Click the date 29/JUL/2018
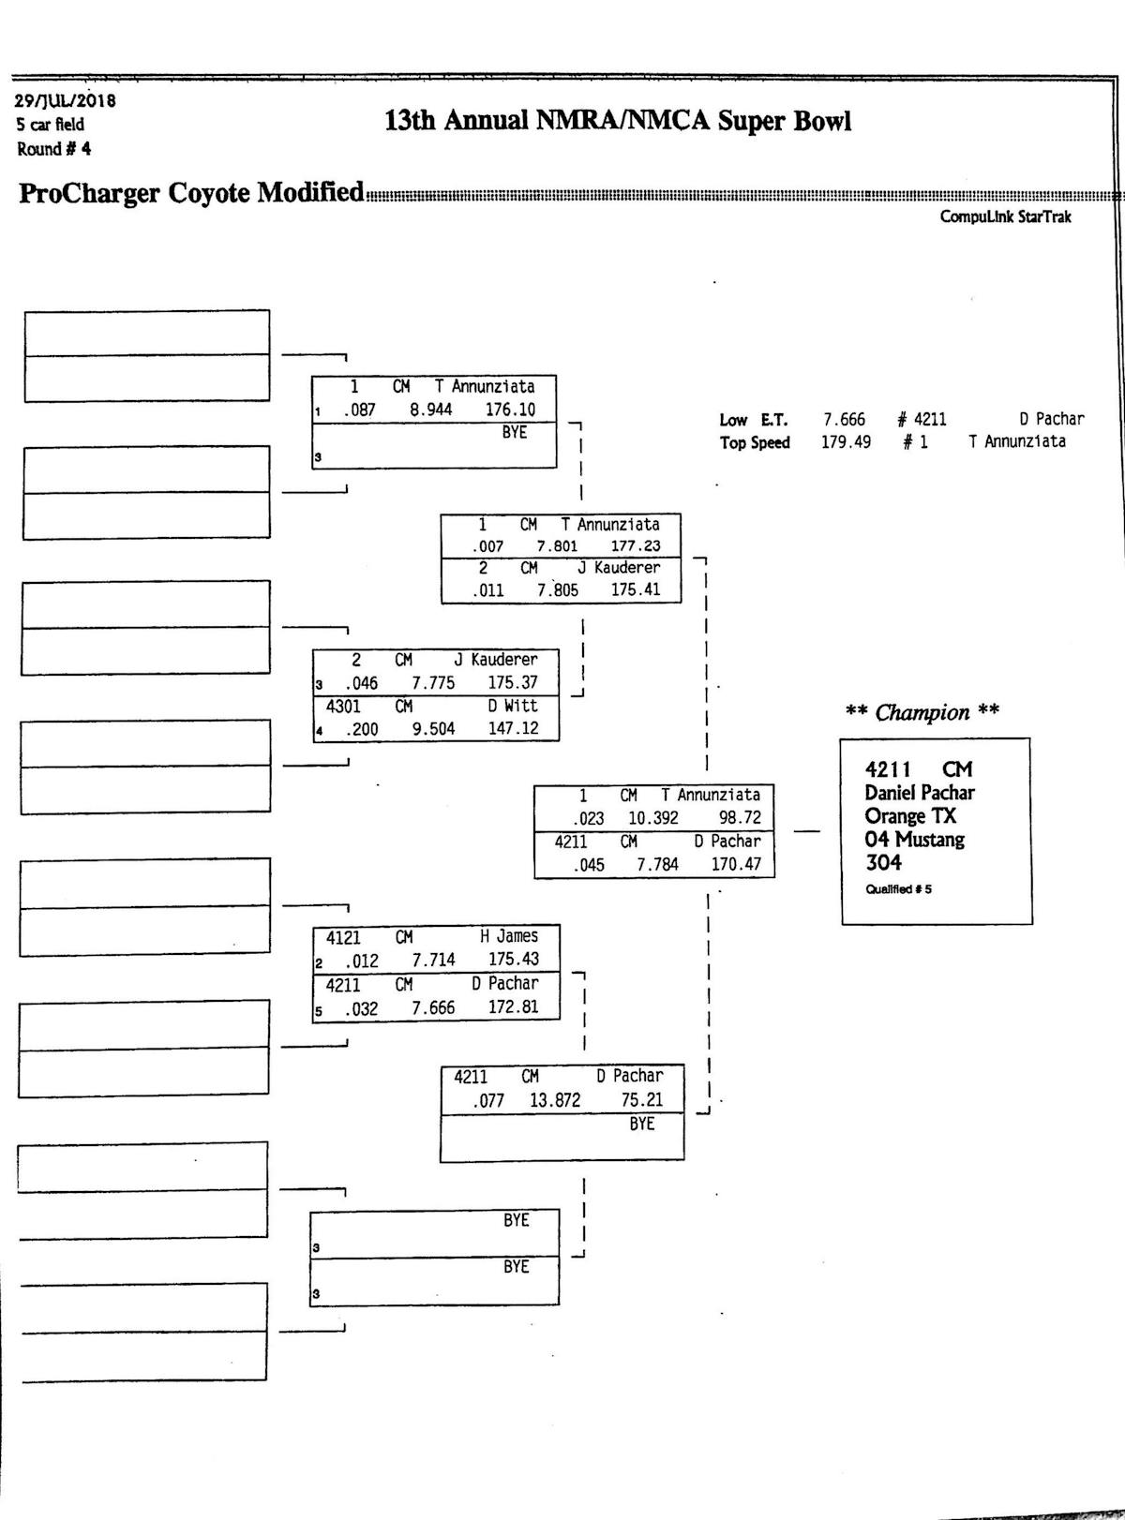[66, 100]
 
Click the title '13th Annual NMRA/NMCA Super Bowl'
[618, 121]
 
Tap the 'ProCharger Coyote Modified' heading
[191, 192]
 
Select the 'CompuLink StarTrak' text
[1005, 216]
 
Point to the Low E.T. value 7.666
[844, 420]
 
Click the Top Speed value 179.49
[846, 442]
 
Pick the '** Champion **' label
[922, 712]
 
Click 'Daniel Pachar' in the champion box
[919, 793]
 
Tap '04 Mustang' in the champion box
[914, 840]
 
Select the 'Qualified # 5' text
[898, 889]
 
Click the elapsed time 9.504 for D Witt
[433, 729]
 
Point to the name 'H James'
[509, 936]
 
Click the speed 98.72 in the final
[740, 818]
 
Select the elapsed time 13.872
[555, 1100]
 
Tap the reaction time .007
[488, 546]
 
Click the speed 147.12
[513, 728]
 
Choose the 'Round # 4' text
[53, 149]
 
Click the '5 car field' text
[50, 125]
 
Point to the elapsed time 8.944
[430, 410]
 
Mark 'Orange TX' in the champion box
[909, 816]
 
